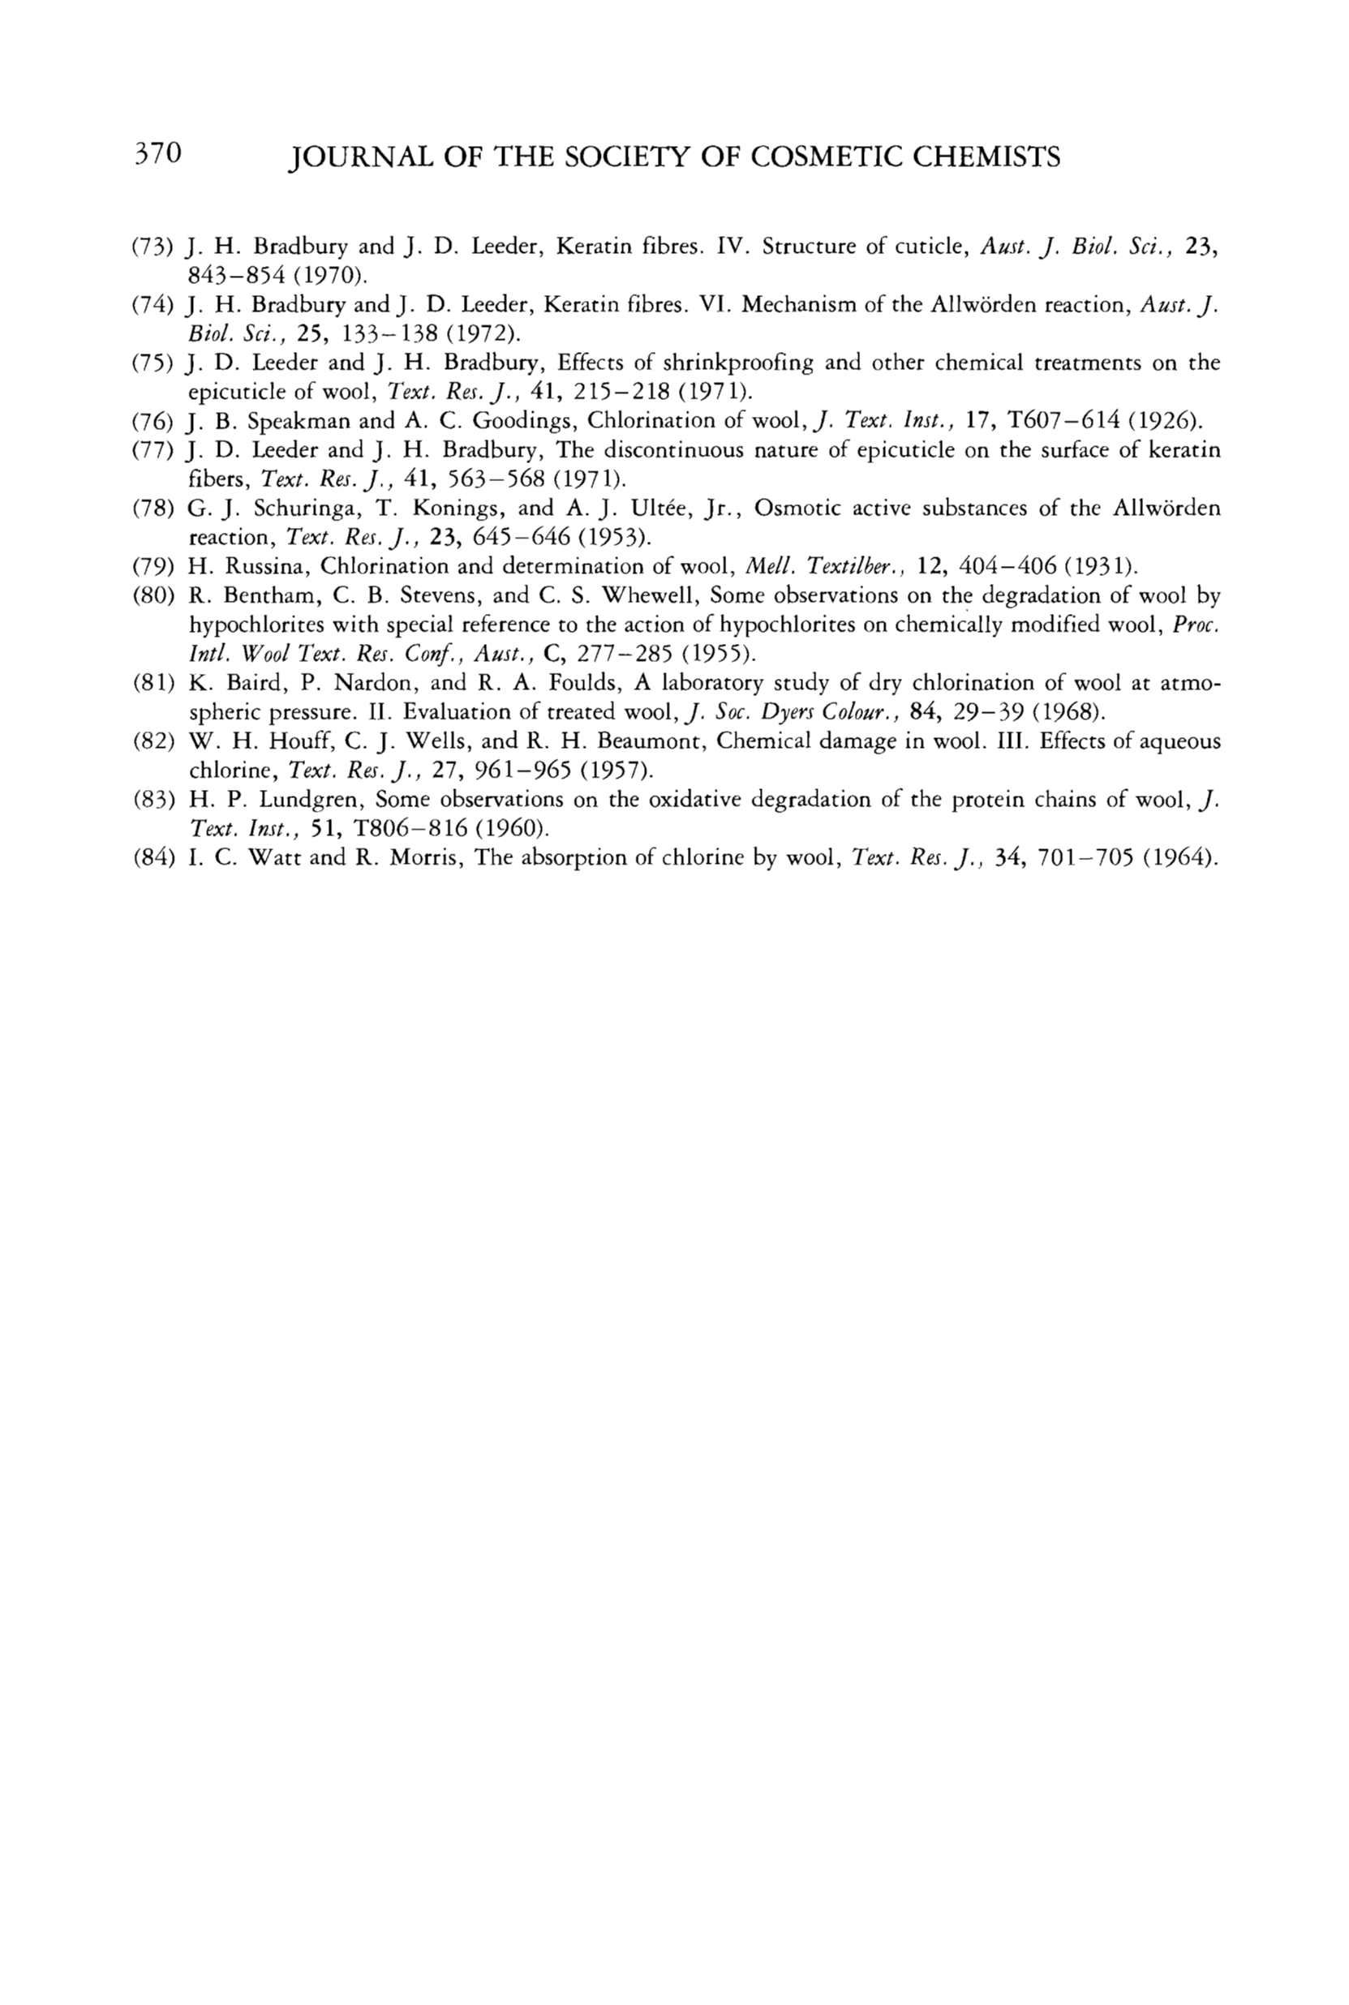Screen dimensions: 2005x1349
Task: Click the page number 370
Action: pyautogui.click(x=157, y=154)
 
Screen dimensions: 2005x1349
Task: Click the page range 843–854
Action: pyautogui.click(x=236, y=276)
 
